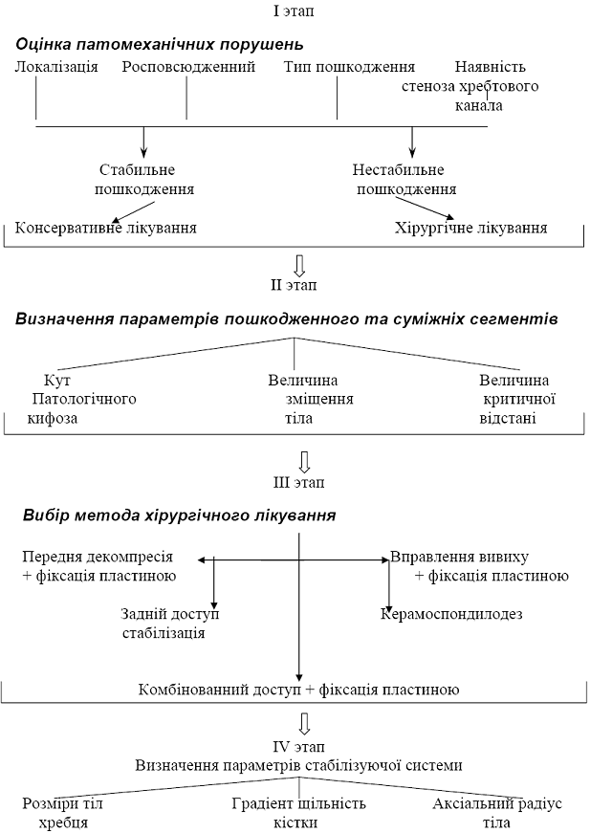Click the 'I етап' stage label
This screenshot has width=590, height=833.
click(293, 11)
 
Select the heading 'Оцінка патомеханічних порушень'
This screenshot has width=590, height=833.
click(160, 44)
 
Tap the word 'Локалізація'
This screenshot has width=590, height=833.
click(56, 68)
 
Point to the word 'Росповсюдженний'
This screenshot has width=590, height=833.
click(189, 68)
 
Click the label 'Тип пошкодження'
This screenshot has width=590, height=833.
click(349, 68)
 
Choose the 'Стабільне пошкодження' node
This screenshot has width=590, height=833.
click(143, 180)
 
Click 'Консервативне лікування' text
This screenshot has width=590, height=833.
click(106, 229)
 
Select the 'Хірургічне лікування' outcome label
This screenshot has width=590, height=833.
click(470, 229)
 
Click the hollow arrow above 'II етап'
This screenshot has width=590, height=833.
click(299, 264)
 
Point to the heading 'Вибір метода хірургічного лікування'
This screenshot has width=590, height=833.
click(179, 515)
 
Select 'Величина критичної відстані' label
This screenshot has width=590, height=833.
click(517, 399)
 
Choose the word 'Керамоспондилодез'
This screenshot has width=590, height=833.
click(452, 614)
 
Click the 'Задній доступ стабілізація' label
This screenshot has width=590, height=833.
click(170, 623)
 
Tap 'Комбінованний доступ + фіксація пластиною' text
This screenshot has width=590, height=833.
click(299, 690)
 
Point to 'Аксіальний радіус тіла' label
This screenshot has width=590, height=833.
click(497, 813)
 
